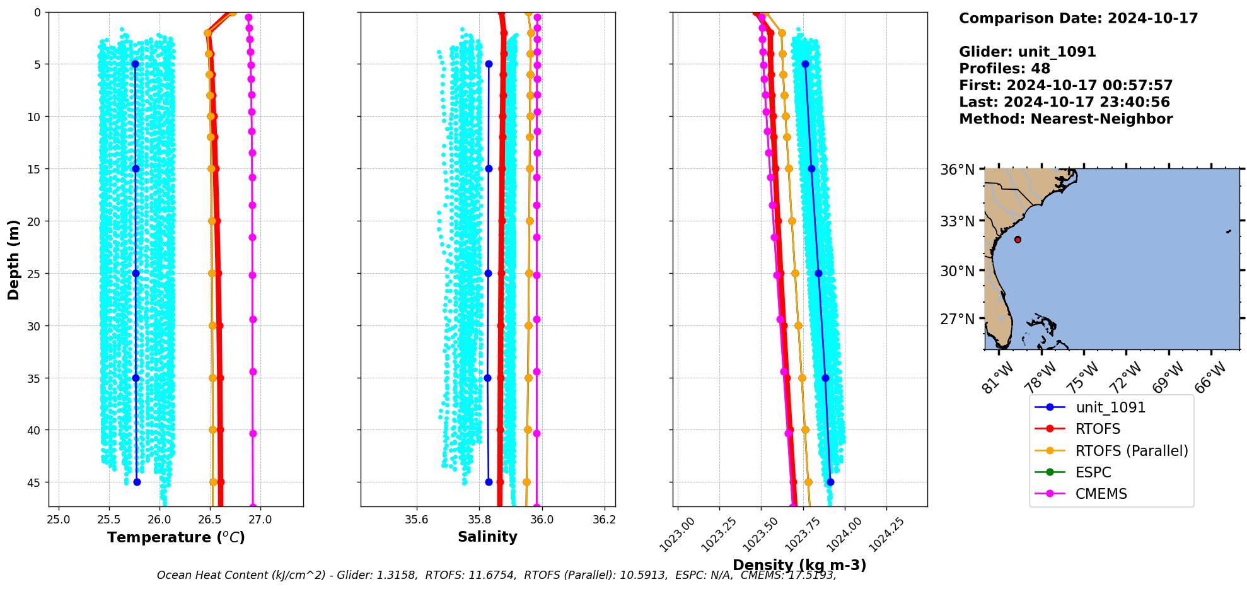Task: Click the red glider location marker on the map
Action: pos(1018,240)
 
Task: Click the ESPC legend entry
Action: pos(1093,472)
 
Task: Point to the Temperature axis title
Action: pos(176,537)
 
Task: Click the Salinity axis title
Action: pos(487,537)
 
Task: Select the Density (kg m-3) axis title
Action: pos(799,565)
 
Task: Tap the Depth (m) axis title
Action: pos(13,259)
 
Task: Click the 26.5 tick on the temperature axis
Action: pos(210,520)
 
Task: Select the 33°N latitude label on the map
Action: pos(957,221)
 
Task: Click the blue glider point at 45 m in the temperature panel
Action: pos(137,482)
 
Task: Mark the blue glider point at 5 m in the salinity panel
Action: pos(489,64)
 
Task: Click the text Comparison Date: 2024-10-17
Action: pos(1078,18)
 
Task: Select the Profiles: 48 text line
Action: pos(1004,69)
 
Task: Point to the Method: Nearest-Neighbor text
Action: pos(1065,119)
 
